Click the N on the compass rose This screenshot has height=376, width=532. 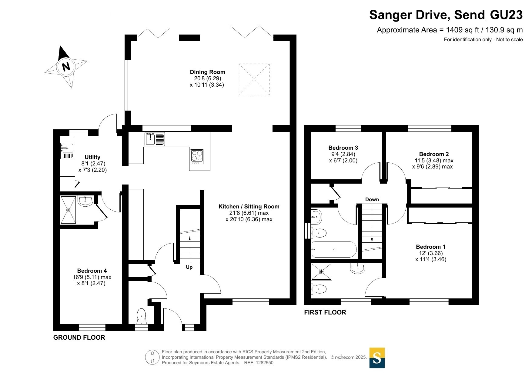point(66,66)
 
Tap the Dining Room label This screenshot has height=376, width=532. point(207,72)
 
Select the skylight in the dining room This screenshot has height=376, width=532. point(254,79)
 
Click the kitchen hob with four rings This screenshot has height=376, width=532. point(197,157)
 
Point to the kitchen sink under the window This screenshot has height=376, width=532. point(155,139)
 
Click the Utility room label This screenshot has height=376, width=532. point(92,157)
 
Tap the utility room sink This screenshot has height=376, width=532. point(67,151)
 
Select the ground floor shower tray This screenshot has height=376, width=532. point(69,210)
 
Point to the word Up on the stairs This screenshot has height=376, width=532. point(189,267)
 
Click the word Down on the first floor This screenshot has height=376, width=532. point(372,200)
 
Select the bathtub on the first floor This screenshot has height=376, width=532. point(334,249)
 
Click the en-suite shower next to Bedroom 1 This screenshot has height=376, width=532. point(322,272)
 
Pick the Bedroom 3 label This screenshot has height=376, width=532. point(343,148)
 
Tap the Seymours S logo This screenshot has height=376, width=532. point(377,358)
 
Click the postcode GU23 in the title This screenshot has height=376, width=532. point(507,15)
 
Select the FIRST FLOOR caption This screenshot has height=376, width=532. point(325,312)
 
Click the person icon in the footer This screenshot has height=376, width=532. point(152,357)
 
